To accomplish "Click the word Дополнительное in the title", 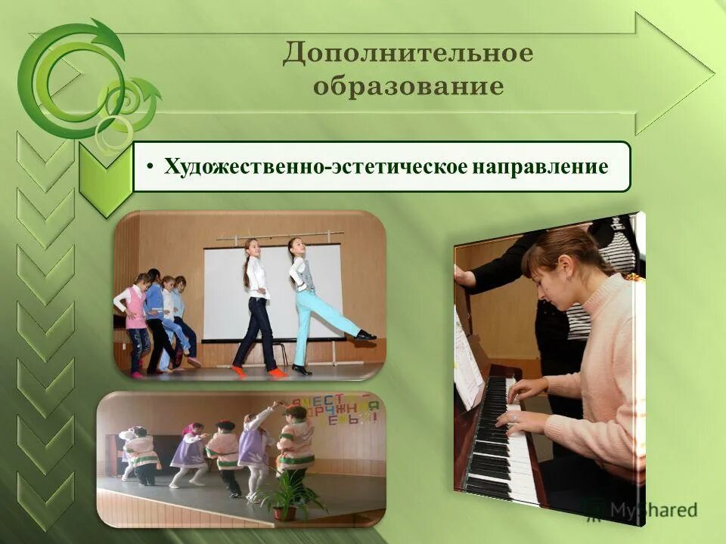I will (408, 54).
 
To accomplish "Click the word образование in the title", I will (408, 86).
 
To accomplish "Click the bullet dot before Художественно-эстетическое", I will (151, 167).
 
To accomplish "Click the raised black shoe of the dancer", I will (366, 335).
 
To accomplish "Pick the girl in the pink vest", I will (137, 317).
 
